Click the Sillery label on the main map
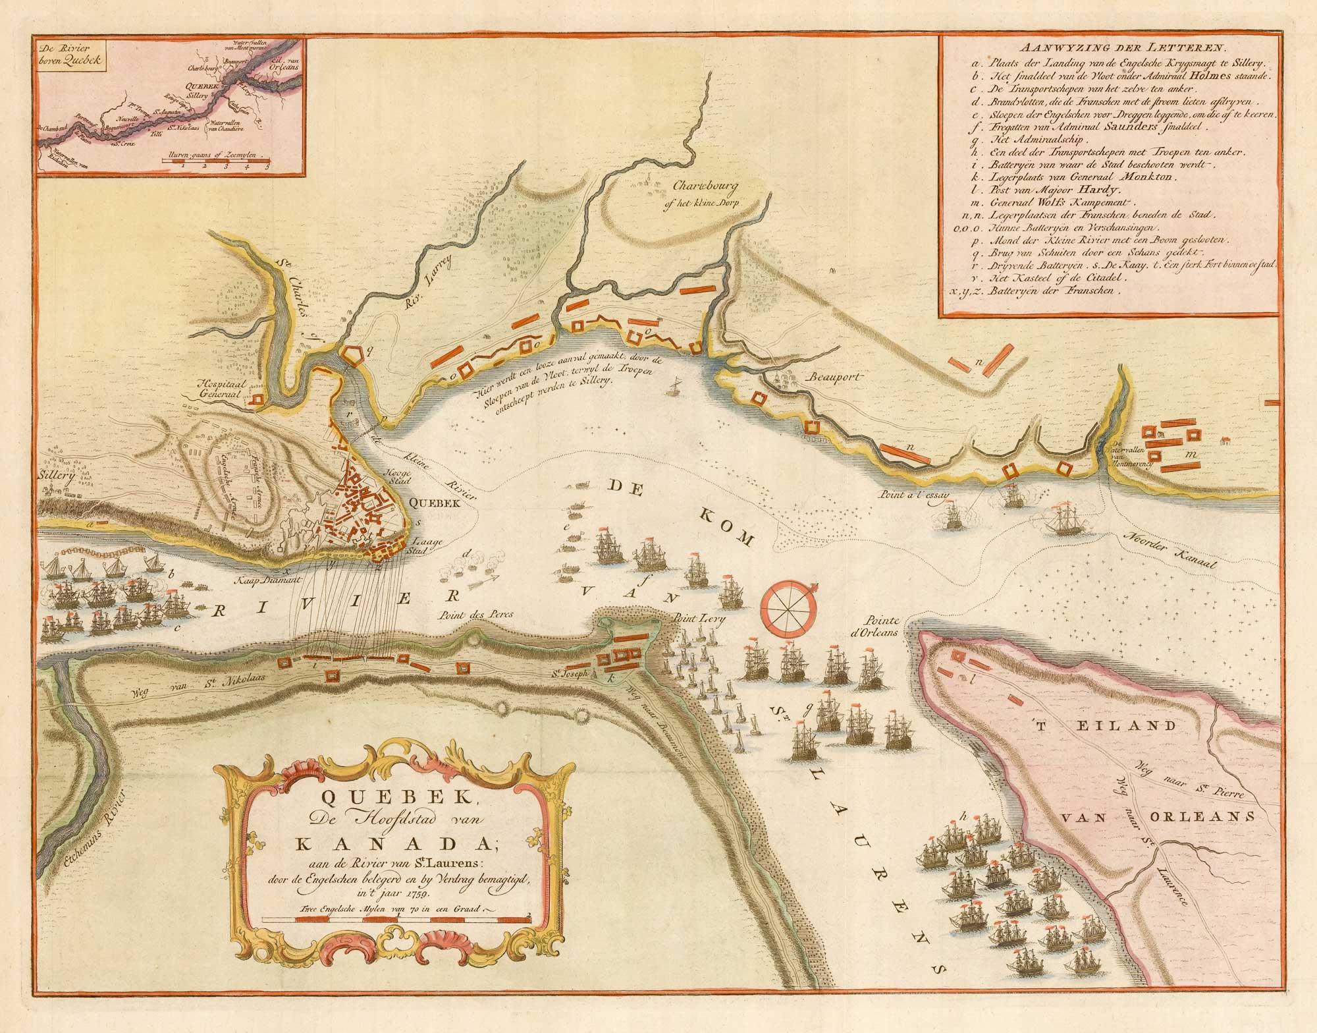point(57,472)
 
